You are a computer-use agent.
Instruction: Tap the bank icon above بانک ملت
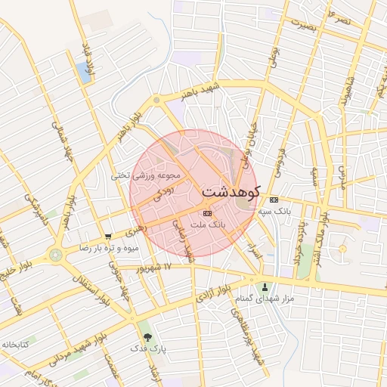pyautogui.click(x=207, y=213)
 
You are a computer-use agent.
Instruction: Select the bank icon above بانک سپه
pyautogui.click(x=274, y=200)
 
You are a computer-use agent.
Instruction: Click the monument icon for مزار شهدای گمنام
pyautogui.click(x=265, y=287)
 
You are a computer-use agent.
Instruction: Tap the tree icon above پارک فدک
pyautogui.click(x=147, y=337)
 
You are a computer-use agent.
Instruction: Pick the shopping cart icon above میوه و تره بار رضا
pyautogui.click(x=109, y=237)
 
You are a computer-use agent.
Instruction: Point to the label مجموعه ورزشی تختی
pyautogui.click(x=147, y=175)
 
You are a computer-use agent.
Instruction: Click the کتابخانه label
pyautogui.click(x=14, y=344)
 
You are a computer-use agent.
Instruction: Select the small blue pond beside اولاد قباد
pyautogui.click(x=82, y=72)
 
